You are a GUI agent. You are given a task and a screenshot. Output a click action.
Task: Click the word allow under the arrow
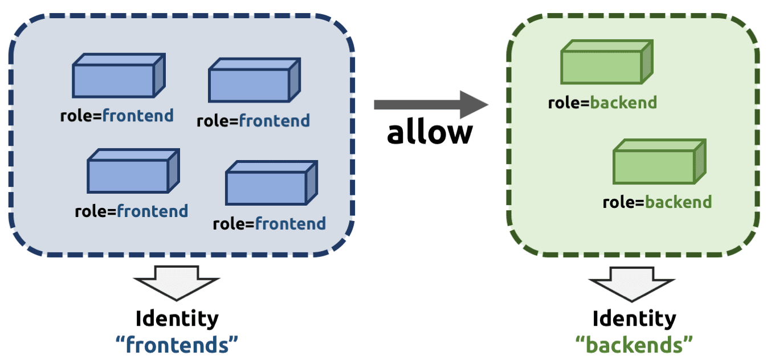pos(430,132)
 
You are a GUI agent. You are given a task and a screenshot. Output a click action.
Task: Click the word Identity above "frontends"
pos(177,319)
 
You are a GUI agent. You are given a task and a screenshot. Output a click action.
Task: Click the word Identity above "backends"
pos(634,319)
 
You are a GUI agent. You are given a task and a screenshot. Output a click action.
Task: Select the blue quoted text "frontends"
pos(177,344)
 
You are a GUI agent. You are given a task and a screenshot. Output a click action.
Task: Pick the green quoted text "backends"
pos(634,344)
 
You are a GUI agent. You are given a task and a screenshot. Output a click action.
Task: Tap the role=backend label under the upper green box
pos(602,103)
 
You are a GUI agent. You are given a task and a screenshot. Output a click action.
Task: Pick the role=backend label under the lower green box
pos(657,202)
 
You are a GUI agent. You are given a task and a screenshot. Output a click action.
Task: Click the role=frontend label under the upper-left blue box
pos(117,116)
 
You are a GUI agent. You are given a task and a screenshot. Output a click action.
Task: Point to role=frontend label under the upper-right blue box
pos(253,121)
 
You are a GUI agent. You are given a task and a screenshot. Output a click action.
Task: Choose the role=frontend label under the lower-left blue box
pos(131,211)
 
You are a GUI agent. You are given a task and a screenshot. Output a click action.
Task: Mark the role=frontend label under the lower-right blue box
pos(269,223)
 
